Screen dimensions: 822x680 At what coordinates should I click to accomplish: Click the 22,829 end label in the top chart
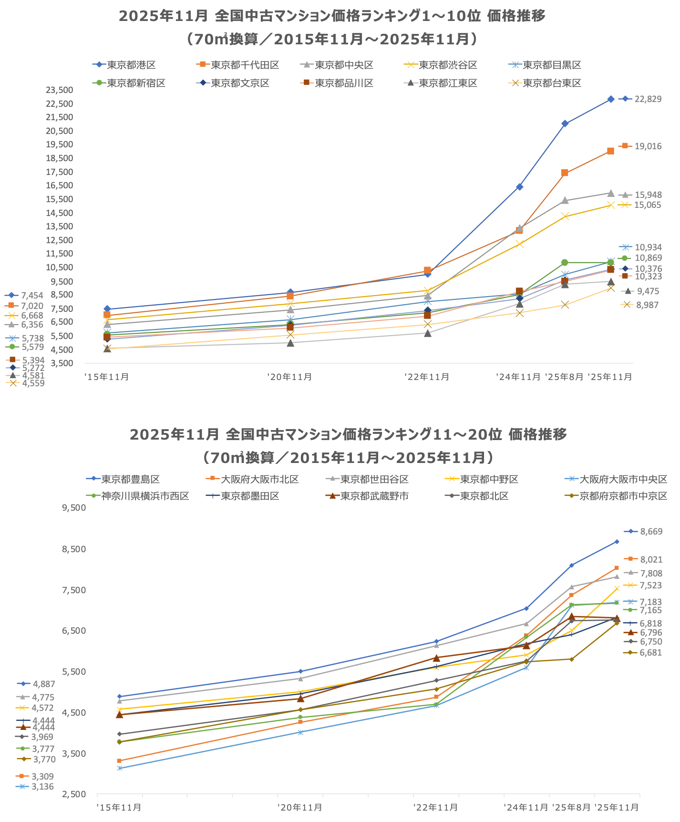point(648,99)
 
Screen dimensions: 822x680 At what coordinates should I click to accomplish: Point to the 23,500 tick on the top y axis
point(60,90)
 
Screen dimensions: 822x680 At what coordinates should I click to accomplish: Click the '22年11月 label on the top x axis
point(427,377)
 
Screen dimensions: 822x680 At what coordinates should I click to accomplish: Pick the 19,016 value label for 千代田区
point(648,146)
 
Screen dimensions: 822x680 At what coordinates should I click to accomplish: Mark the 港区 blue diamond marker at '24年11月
point(519,187)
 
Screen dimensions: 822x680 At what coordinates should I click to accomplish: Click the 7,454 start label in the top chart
point(32,296)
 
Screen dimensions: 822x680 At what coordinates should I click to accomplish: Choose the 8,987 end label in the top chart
point(647,305)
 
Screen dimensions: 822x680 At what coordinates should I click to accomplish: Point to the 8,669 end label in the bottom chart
point(651,532)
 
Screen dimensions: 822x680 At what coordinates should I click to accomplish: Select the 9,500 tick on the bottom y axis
point(74,508)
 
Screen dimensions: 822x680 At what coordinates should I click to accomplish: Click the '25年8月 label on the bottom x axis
point(571,808)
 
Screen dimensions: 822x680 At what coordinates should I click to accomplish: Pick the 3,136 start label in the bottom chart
point(42,787)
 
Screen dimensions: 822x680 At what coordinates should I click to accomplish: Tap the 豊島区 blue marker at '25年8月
point(571,565)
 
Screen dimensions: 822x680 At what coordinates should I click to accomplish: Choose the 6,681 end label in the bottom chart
point(650,653)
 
